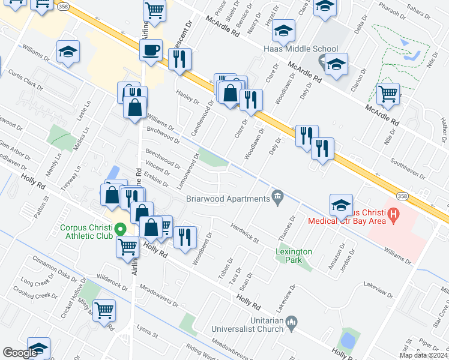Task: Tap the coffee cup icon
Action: (x=151, y=50)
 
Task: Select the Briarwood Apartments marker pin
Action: (x=277, y=196)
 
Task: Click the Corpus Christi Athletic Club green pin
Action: (x=119, y=229)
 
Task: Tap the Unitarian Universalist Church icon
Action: (x=291, y=323)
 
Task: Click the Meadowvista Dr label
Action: (x=158, y=295)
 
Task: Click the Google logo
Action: (x=20, y=352)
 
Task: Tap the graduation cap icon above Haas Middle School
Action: (x=284, y=31)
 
